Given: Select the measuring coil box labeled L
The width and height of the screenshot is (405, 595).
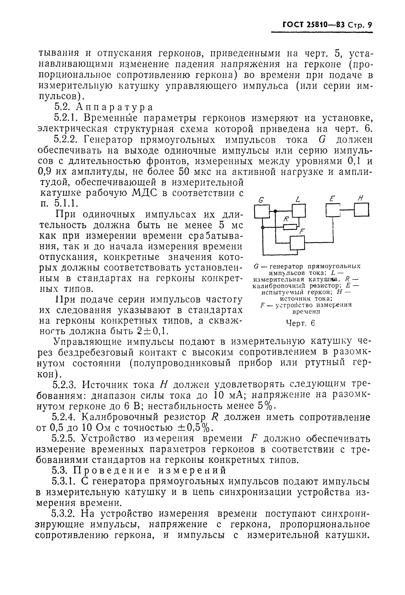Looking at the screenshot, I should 299,210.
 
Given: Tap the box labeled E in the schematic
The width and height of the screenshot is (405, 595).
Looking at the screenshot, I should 333,210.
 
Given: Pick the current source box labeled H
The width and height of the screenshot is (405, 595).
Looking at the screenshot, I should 362,210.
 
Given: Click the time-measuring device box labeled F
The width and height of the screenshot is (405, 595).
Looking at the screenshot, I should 298,242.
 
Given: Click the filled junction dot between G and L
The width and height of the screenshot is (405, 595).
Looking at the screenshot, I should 275,211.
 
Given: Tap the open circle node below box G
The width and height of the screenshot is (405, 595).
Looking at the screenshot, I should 263,227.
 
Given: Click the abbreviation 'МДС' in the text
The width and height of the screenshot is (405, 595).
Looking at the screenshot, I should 145,193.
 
